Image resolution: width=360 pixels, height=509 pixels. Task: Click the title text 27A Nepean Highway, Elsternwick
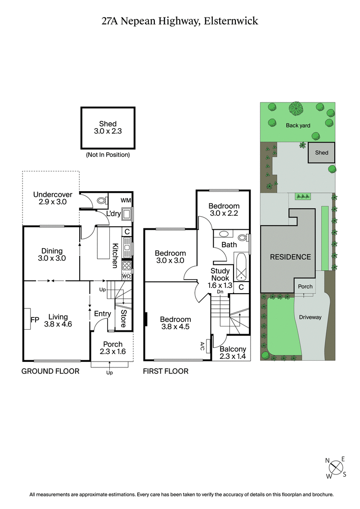180,21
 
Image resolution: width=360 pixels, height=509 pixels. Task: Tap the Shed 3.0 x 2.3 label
108,128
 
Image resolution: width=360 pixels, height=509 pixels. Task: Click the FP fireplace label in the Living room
34,320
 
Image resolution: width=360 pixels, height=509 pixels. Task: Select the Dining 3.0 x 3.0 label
52,254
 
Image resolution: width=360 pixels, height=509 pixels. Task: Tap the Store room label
123,318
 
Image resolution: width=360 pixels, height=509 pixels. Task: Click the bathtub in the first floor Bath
240,267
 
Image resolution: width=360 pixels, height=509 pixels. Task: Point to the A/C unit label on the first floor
202,346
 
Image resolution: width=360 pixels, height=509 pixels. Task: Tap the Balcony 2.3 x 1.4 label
233,353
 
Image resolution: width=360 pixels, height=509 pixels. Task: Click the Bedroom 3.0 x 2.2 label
224,210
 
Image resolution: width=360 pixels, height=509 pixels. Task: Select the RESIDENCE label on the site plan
290,257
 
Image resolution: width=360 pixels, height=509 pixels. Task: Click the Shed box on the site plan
321,153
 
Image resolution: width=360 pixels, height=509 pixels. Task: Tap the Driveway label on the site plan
310,317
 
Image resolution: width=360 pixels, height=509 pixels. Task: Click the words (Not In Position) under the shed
108,155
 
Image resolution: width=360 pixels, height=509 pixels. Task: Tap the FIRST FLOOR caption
166,371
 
